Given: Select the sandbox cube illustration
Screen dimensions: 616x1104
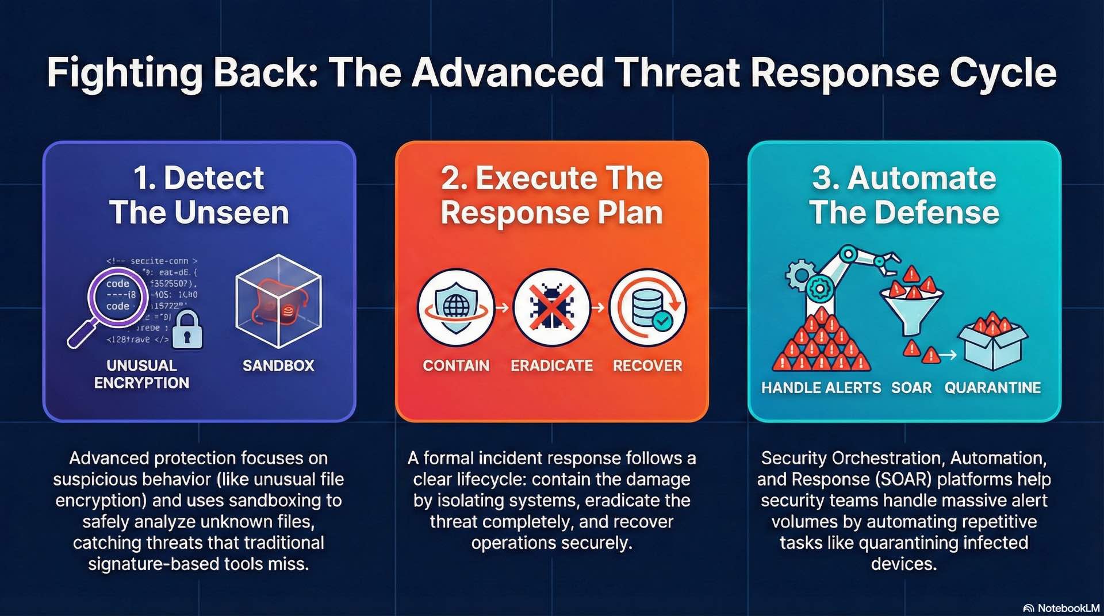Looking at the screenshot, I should pyautogui.click(x=279, y=301).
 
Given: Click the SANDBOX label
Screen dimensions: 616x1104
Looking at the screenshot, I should pyautogui.click(x=278, y=365).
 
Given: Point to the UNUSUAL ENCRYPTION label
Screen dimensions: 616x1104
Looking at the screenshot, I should pyautogui.click(x=141, y=374).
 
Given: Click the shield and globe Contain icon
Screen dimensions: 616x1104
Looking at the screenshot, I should pyautogui.click(x=456, y=307).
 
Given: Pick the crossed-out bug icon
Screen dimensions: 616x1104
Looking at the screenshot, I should pyautogui.click(x=551, y=307).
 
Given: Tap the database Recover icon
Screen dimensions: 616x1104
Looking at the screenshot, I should pyautogui.click(x=647, y=307).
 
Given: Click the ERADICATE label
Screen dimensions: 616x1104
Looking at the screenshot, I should pyautogui.click(x=551, y=365).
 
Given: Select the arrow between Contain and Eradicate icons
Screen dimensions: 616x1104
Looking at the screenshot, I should pyautogui.click(x=503, y=308).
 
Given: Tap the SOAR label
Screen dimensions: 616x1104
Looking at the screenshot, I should pyautogui.click(x=911, y=388).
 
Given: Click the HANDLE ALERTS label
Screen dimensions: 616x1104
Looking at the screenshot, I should pyautogui.click(x=821, y=388).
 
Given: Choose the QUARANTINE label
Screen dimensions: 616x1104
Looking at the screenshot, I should pyautogui.click(x=992, y=388).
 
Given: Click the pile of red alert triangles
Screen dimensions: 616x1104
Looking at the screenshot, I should pyautogui.click(x=821, y=342).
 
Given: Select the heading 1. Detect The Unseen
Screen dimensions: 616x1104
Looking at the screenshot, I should pyautogui.click(x=199, y=195).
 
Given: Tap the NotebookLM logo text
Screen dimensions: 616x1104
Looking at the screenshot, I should pyautogui.click(x=1067, y=608).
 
